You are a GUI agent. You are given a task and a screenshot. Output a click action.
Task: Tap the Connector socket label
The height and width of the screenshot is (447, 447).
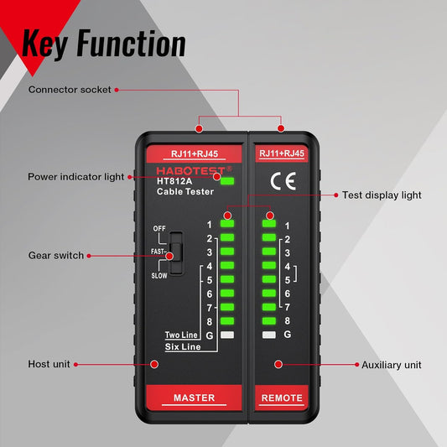69,90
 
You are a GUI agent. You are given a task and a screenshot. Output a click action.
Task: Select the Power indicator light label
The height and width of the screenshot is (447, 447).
75,177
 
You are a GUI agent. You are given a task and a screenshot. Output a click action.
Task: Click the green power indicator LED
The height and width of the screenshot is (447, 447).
227,179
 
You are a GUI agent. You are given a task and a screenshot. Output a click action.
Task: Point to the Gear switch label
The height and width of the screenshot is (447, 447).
56,255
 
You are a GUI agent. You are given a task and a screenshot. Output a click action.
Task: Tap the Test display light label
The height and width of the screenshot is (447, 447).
382,195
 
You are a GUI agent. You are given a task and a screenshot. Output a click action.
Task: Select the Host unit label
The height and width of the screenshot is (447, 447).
48,365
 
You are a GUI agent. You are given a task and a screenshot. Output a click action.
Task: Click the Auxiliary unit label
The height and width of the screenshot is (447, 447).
391,365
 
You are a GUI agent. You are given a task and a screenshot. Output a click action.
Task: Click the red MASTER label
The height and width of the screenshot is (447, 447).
194,398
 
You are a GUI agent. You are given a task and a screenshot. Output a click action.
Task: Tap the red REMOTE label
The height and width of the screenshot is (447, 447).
282,398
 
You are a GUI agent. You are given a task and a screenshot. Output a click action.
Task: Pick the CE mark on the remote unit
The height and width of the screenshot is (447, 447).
276,179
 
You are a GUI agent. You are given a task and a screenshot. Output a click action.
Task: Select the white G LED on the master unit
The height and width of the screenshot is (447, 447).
227,335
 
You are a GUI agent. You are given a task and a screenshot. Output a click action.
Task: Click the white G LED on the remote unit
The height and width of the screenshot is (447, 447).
269,335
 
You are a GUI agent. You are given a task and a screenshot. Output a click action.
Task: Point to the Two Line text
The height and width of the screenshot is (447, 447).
182,335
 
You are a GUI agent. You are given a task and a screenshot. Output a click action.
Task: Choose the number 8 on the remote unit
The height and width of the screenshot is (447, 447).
287,320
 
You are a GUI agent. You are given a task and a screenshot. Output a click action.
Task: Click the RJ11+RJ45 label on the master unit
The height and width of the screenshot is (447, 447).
194,153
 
